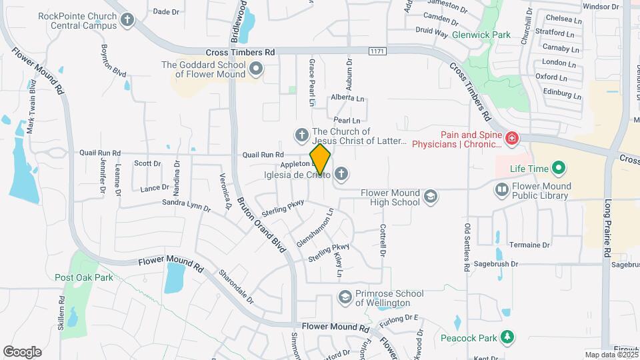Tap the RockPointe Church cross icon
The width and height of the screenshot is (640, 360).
click(127, 20)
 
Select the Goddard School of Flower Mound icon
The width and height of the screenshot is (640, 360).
click(255, 69)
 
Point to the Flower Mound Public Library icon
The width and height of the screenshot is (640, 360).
click(501, 191)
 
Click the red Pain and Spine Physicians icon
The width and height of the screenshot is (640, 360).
click(511, 139)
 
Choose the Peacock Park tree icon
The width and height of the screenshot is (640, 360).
click(508, 337)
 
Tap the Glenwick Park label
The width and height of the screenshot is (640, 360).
click(481, 34)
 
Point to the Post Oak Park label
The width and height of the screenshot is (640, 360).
click(84, 277)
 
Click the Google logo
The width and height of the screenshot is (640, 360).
click(22, 351)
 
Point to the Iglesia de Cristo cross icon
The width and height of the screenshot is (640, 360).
click(341, 175)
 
